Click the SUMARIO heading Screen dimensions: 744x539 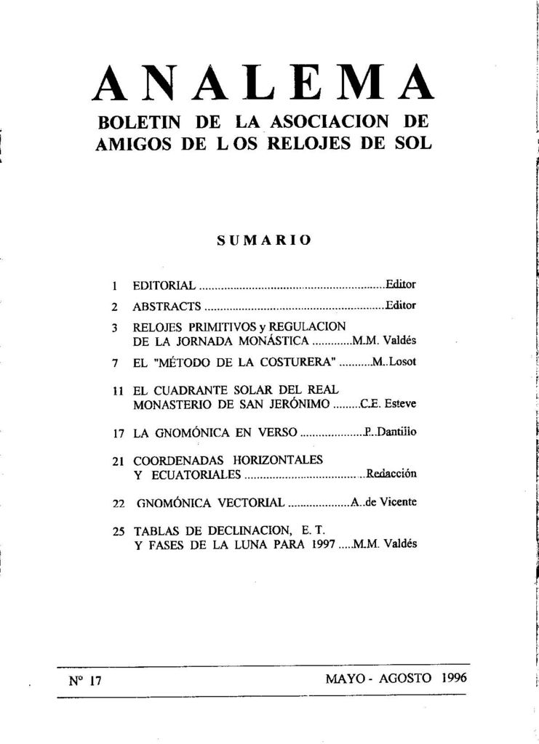pos(265,240)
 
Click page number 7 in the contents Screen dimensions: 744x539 pos(116,362)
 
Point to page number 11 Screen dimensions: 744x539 pos(120,390)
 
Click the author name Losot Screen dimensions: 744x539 pos(403,361)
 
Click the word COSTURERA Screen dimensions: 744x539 pos(298,361)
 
